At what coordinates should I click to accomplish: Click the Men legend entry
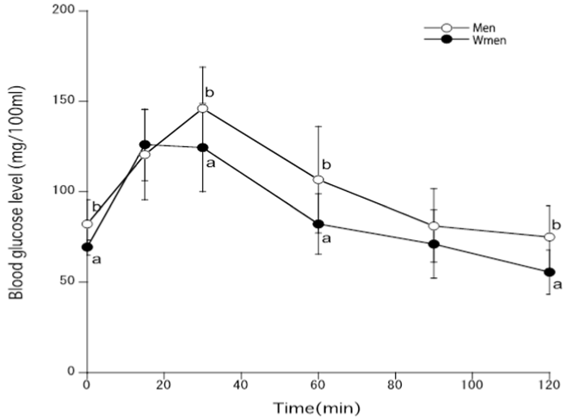point(456,28)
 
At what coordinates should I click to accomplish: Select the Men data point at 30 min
point(202,108)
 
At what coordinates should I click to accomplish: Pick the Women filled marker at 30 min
point(202,147)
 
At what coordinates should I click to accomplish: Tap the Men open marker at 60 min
point(318,180)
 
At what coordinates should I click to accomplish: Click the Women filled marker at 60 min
point(318,224)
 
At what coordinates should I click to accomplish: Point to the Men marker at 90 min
point(434,225)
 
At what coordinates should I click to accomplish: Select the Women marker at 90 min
point(434,244)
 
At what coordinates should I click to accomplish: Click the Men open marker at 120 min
point(550,237)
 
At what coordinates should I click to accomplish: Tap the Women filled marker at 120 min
point(550,272)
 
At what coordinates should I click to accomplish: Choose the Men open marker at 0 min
point(86,224)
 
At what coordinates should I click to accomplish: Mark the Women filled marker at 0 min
point(86,247)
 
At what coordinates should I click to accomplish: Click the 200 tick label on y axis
point(64,11)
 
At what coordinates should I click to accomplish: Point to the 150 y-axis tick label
point(64,102)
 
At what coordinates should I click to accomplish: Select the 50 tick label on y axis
point(67,282)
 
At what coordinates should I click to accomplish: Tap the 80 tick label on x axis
point(396,385)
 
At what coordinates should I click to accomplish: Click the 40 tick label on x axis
point(241,385)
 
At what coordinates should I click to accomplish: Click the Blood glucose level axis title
point(16,191)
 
